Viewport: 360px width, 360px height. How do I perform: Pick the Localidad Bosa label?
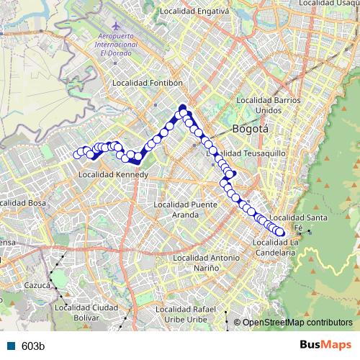pyautogui.click(x=23, y=204)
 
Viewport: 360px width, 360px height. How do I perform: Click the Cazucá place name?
pyautogui.click(x=36, y=285)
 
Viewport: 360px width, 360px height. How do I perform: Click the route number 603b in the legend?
pyautogui.click(x=33, y=346)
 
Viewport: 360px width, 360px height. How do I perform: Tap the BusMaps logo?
pyautogui.click(x=328, y=346)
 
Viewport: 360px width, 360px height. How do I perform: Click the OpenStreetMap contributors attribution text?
pyautogui.click(x=297, y=323)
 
